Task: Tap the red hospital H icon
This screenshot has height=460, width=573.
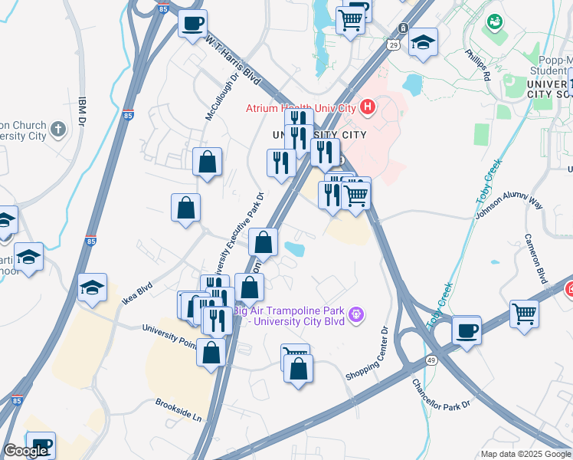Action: point(368,107)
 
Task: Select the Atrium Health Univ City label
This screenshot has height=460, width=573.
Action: point(302,108)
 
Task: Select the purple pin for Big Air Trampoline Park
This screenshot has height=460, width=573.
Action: point(355,314)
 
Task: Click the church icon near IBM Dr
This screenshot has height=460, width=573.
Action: point(59,128)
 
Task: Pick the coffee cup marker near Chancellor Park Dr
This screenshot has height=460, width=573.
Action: point(466,331)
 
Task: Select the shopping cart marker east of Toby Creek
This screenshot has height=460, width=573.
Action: point(524,313)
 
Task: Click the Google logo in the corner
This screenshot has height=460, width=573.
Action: point(25,451)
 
